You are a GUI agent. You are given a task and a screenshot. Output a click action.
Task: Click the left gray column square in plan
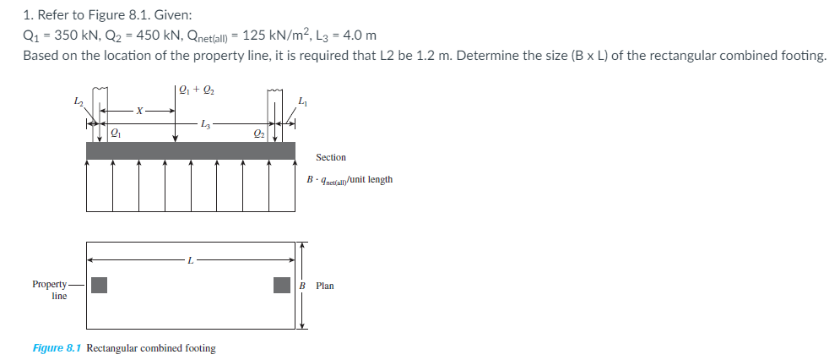coord(99,285)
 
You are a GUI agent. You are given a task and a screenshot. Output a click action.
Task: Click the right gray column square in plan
coord(282,285)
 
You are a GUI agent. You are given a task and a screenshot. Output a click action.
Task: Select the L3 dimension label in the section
coord(205,125)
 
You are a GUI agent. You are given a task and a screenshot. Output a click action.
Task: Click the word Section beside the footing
coord(331,157)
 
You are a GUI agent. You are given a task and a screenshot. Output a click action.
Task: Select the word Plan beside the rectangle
coord(325,286)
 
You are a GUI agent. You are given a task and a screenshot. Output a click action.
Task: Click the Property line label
coord(52,290)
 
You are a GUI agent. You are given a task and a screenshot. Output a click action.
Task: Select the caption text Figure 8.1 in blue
coord(57,348)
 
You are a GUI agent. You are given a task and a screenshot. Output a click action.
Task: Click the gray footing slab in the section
coord(191,150)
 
